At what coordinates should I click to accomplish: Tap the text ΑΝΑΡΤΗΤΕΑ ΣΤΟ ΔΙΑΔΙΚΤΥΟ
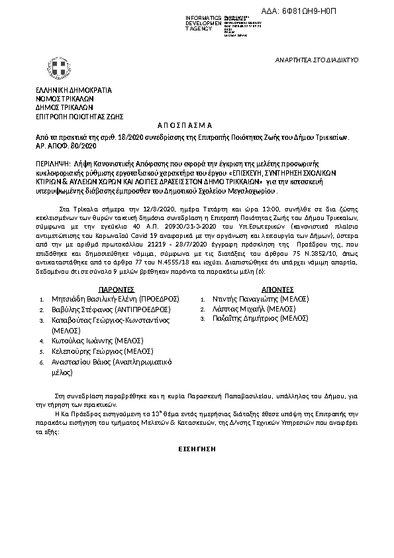pyautogui.click(x=317, y=60)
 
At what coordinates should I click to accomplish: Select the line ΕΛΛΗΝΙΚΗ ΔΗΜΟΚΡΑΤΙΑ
pyautogui.click(x=73, y=90)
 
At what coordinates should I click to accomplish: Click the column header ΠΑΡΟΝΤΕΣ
pyautogui.click(x=117, y=289)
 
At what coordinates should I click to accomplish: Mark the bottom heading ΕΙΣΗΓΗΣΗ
pyautogui.click(x=197, y=449)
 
